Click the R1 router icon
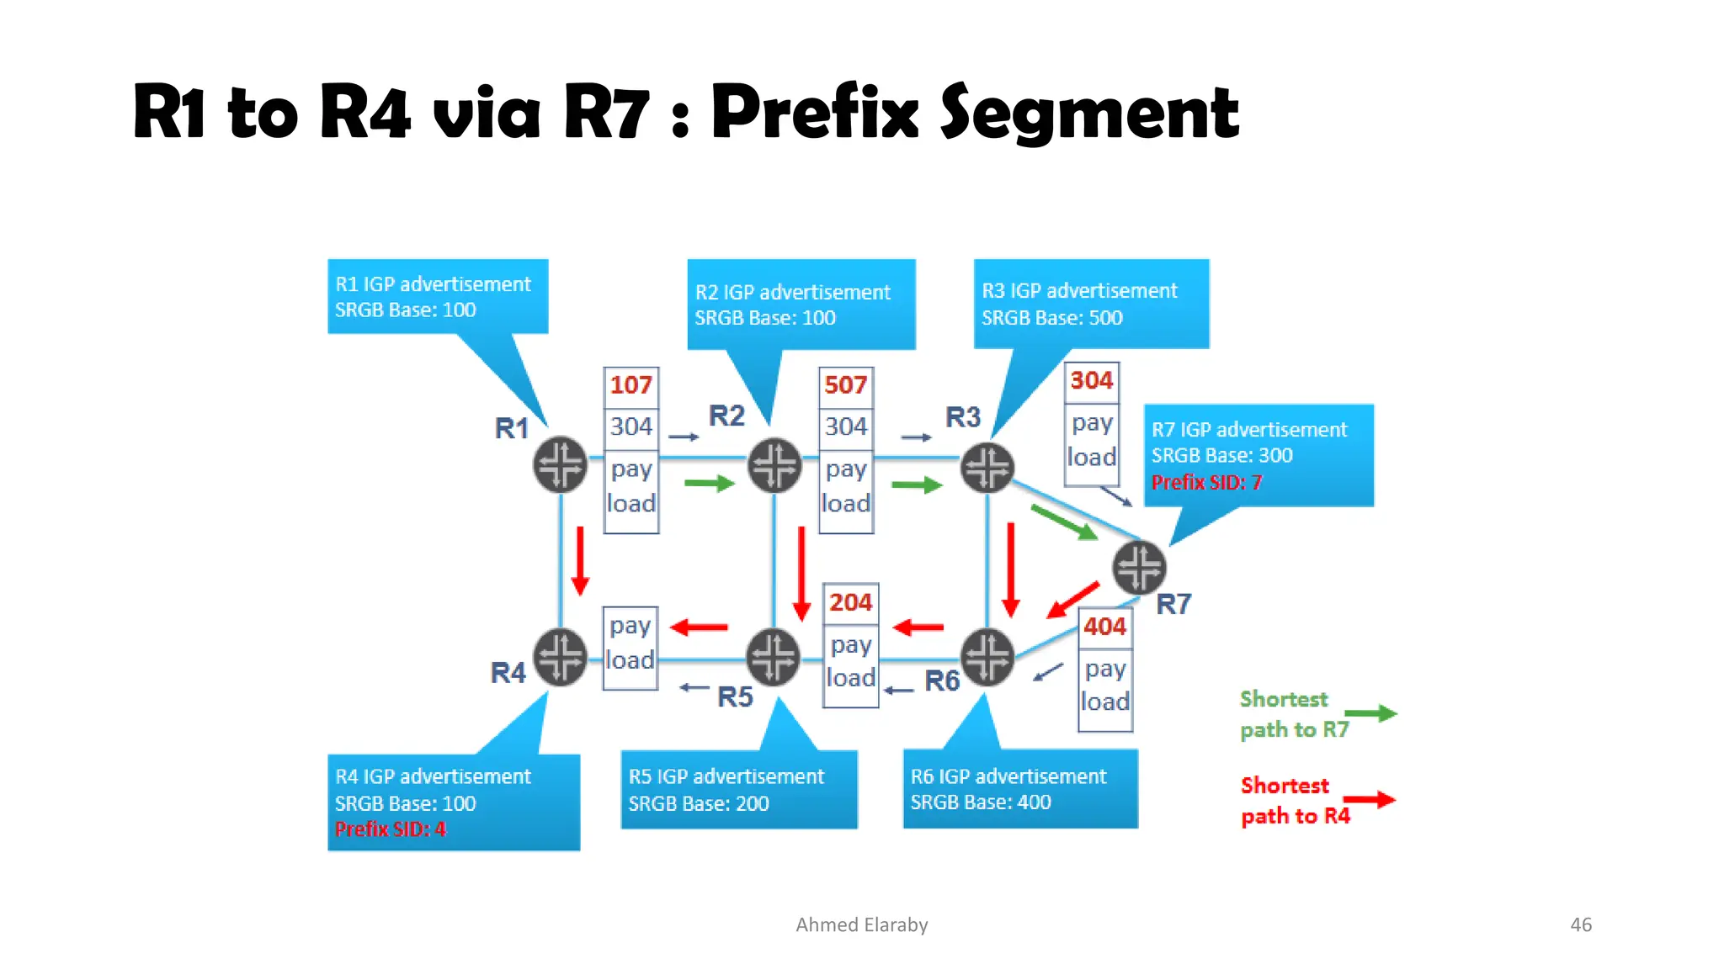click(x=560, y=464)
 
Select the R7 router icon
click(x=1139, y=567)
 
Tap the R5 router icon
click(x=774, y=656)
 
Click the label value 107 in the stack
click(x=631, y=385)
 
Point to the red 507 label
click(x=845, y=385)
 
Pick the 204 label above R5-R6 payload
click(x=850, y=602)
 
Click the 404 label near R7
click(x=1104, y=627)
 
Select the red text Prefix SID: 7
click(x=1206, y=483)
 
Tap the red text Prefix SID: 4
click(x=391, y=829)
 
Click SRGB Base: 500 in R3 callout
click(x=1051, y=318)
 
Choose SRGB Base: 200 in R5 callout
click(x=698, y=803)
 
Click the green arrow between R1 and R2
click(x=710, y=484)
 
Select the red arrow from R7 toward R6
click(x=1073, y=600)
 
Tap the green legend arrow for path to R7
click(x=1370, y=714)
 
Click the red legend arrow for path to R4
click(x=1369, y=800)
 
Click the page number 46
click(x=1580, y=924)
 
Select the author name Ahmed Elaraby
click(x=861, y=925)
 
